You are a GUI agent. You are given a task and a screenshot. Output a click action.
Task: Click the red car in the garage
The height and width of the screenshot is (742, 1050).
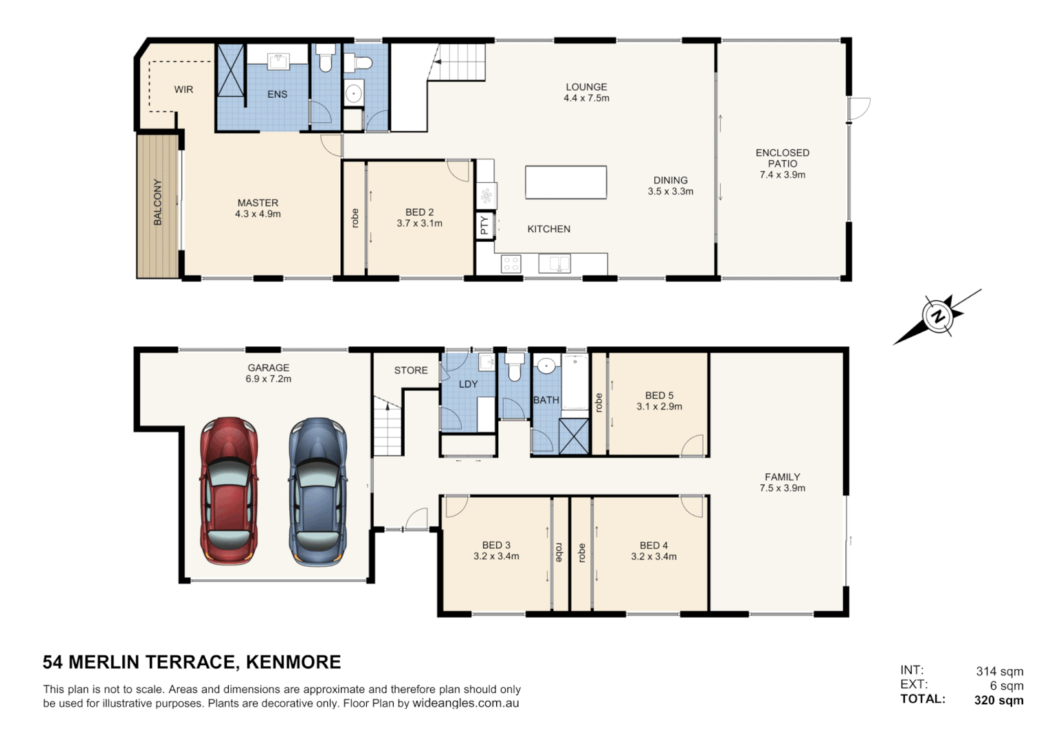(229, 491)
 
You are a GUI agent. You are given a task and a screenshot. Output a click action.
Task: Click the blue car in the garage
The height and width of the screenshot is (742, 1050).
(317, 492)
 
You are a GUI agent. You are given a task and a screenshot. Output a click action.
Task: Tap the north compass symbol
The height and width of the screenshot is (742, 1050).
(937, 317)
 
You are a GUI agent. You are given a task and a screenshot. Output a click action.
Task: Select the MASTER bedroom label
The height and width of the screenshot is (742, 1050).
(258, 203)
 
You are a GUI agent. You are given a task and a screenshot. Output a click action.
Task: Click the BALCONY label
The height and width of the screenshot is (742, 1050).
(157, 202)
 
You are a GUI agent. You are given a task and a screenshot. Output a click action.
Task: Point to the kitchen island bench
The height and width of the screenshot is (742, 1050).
(566, 183)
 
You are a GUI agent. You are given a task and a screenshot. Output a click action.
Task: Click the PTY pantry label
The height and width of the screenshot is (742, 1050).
(484, 225)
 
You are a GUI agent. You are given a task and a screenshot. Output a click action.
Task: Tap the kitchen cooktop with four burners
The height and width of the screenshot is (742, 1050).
(511, 263)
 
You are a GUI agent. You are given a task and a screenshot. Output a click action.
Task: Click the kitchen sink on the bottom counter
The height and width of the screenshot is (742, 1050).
(554, 263)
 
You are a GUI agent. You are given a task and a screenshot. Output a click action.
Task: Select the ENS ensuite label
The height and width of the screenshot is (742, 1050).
(277, 94)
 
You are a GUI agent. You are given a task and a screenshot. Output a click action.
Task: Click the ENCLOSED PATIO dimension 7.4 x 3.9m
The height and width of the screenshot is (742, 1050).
(782, 175)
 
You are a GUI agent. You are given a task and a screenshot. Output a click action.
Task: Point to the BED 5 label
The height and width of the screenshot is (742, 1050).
(659, 395)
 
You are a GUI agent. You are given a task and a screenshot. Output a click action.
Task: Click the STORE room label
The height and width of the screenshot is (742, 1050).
(411, 370)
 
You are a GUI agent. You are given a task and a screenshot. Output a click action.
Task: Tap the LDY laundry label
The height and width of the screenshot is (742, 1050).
(468, 384)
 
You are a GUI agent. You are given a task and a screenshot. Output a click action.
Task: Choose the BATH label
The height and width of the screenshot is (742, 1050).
(546, 400)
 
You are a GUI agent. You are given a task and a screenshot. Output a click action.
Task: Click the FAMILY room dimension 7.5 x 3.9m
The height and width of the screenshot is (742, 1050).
(782, 488)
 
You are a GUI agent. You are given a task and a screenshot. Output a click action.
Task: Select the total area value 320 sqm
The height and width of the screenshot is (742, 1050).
(998, 700)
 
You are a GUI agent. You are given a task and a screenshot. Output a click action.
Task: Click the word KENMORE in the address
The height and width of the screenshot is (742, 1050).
(293, 662)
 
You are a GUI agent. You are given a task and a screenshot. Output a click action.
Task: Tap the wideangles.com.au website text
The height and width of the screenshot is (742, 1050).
(465, 704)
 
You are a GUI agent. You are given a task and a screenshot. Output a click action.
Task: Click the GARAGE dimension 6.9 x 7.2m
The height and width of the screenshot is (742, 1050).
(268, 379)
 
